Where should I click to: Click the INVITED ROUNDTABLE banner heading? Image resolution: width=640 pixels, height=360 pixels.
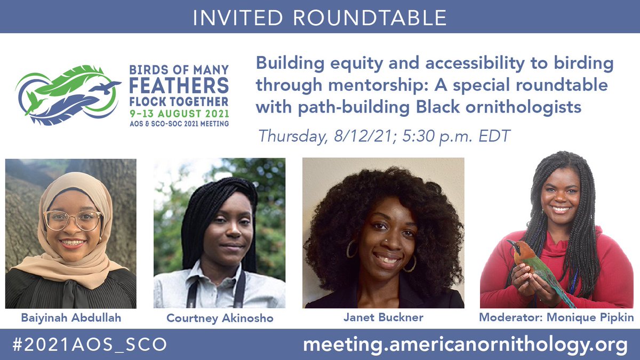coord(319,18)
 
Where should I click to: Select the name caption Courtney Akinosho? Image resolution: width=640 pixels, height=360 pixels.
coord(219,318)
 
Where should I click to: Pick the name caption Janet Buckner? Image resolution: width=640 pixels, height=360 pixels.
coord(383,317)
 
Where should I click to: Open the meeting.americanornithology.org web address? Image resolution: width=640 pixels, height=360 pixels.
coord(465,345)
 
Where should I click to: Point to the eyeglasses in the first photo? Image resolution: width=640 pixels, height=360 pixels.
coord(73,220)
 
